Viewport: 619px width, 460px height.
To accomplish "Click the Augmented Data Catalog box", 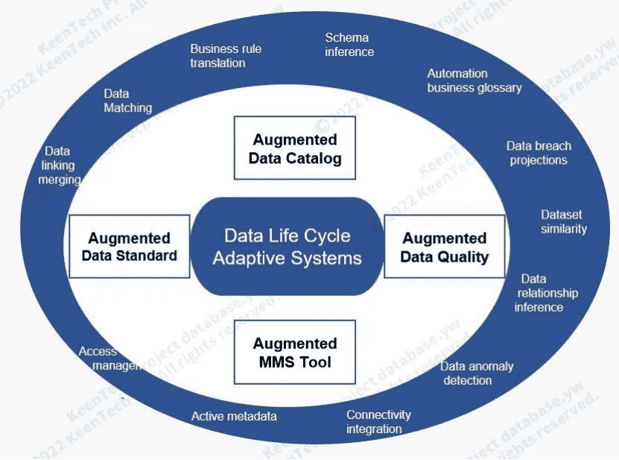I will (294, 148).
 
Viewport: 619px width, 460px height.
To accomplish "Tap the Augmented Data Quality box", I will (444, 247).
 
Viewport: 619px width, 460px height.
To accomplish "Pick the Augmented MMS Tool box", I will (294, 352).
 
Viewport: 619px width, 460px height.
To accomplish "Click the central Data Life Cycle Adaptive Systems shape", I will (288, 247).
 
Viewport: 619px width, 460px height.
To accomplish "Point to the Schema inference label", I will (349, 45).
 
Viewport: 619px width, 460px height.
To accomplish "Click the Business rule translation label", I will (225, 56).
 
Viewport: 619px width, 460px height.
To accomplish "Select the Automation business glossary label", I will (474, 81).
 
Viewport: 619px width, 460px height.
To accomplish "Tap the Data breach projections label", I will (539, 153).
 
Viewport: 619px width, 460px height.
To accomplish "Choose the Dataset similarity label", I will (563, 221).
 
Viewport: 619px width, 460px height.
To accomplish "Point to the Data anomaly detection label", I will (476, 373).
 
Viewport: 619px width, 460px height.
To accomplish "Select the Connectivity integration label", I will (378, 421).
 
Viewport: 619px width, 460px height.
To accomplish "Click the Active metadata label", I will (234, 416).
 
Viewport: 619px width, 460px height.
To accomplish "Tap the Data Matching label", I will (127, 101).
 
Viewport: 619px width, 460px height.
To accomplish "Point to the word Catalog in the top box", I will (316, 158).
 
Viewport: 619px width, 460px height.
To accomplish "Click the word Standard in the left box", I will (147, 256).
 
